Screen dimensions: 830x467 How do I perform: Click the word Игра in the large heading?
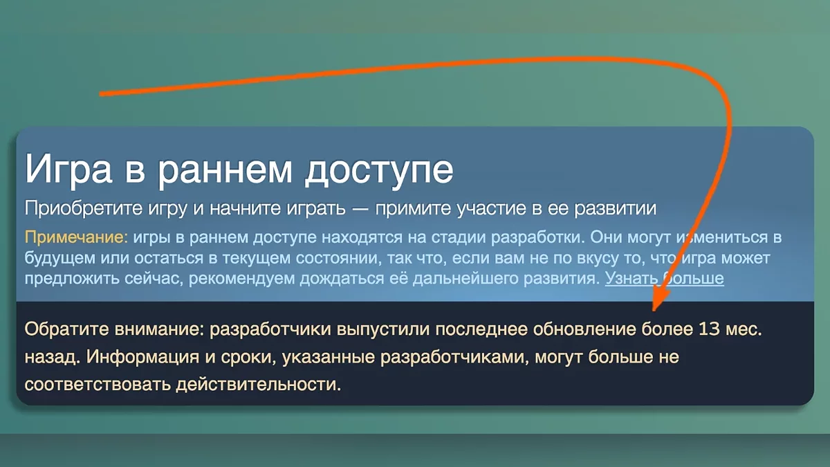[x=68, y=169]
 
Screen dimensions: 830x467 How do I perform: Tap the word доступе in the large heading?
[x=379, y=170]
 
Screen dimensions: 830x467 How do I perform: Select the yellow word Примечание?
[x=76, y=237]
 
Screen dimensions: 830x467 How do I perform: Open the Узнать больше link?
[x=665, y=278]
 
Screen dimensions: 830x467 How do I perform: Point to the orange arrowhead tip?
[x=654, y=311]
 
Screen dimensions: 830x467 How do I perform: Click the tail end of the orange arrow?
[x=100, y=94]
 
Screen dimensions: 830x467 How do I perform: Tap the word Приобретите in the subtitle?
[x=84, y=209]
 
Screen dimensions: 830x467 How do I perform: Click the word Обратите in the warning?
[x=66, y=329]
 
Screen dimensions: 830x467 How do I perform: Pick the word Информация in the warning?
[x=142, y=357]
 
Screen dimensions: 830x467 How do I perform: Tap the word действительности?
[x=258, y=385]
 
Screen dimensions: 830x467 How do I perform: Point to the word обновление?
[x=584, y=329]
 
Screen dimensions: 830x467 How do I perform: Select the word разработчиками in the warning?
[x=454, y=357]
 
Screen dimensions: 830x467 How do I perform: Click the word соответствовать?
[x=98, y=385]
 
